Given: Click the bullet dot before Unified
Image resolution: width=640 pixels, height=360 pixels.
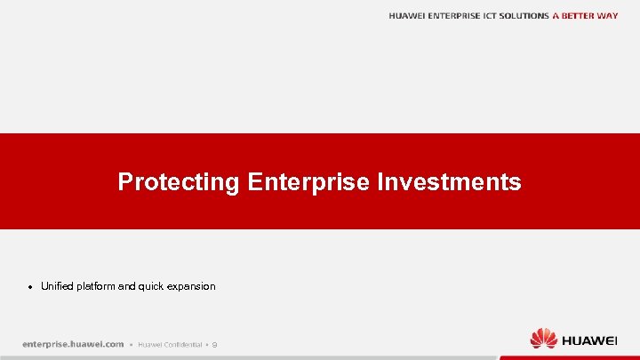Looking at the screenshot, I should (x=31, y=287).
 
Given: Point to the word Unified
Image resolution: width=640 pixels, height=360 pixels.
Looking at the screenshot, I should (x=57, y=286).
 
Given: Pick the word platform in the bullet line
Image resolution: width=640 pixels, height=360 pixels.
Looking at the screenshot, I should (x=97, y=286).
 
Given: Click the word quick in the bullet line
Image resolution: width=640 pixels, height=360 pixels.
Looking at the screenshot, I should (x=153, y=286).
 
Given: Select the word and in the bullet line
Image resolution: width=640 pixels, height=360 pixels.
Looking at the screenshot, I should (x=127, y=286).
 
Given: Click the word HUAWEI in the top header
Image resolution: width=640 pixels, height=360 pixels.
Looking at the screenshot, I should (x=407, y=16).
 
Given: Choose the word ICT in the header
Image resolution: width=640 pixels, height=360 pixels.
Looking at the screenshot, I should (x=492, y=16).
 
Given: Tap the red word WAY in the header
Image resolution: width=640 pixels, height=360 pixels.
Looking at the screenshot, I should (x=608, y=16).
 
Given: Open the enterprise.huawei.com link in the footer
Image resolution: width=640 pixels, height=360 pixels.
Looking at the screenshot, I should (x=73, y=344).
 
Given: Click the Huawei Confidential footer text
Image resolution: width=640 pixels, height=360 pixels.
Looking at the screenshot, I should (x=169, y=344).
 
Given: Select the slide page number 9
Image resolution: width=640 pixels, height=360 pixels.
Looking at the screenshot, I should (x=214, y=344).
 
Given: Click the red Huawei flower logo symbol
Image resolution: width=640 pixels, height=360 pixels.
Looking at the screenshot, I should (x=543, y=339).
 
